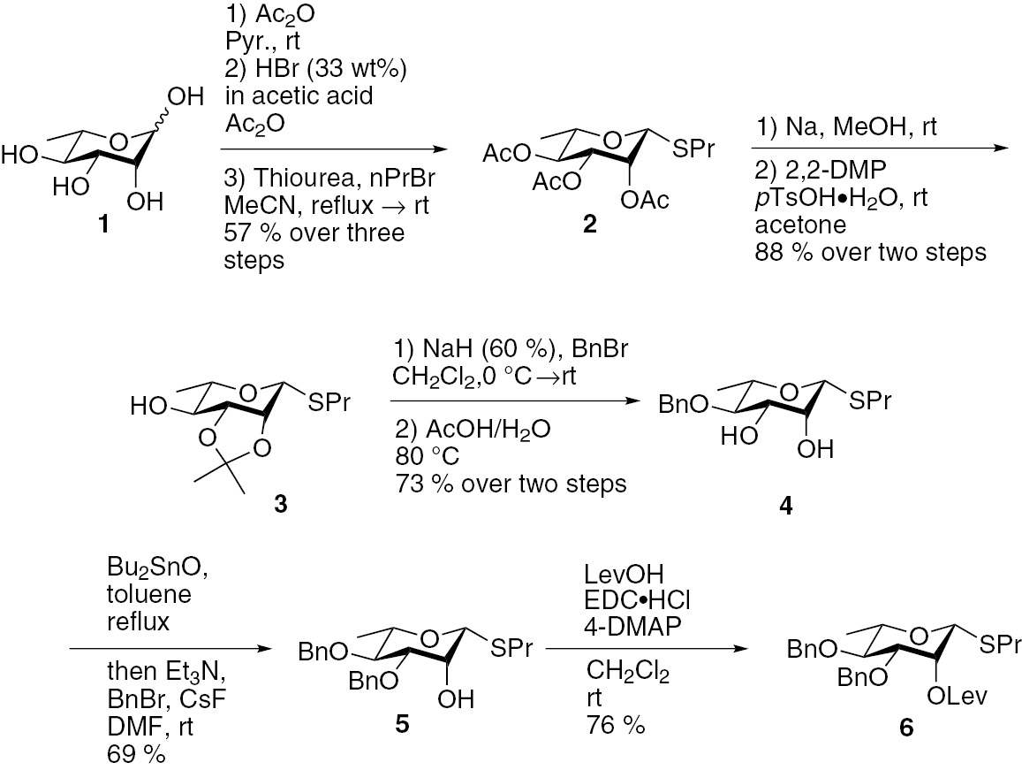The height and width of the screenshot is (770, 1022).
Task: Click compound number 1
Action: [x=105, y=225]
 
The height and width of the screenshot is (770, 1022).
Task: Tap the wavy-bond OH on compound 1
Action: [x=190, y=95]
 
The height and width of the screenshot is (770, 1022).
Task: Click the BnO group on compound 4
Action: [x=685, y=405]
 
